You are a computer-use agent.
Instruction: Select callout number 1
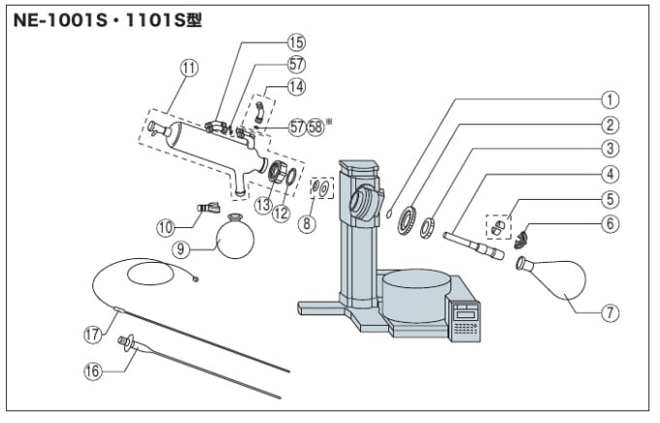[x=610, y=98]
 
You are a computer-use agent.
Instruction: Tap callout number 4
[x=610, y=175]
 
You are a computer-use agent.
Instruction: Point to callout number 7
[x=610, y=312]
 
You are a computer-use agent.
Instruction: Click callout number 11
[x=188, y=67]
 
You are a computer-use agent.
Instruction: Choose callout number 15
[x=295, y=42]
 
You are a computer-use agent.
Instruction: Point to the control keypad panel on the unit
[x=466, y=322]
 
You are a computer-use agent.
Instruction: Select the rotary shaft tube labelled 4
[x=471, y=243]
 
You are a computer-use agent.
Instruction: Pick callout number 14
[x=295, y=86]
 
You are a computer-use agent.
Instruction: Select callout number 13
[x=263, y=205]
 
